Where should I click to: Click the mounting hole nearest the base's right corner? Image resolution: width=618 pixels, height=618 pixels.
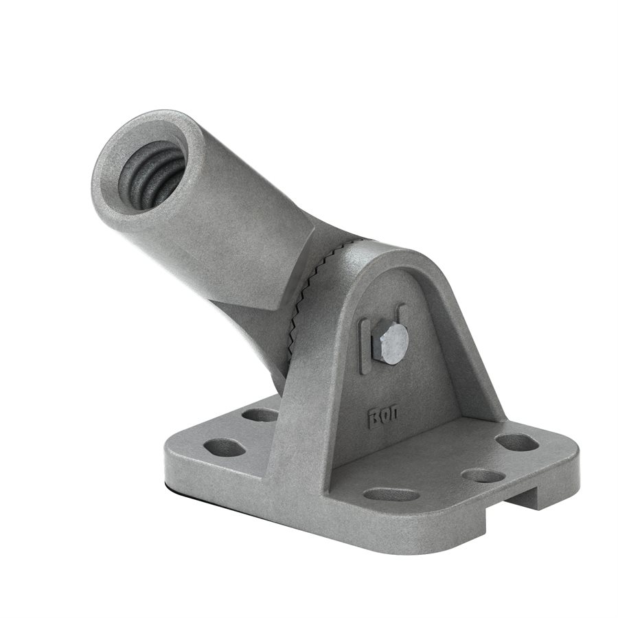(516, 442)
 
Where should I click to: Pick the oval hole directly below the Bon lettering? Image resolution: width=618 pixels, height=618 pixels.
(391, 494)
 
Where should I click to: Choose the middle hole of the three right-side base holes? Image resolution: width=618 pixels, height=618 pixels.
(483, 474)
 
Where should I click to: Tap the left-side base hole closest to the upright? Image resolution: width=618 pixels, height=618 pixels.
(260, 415)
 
